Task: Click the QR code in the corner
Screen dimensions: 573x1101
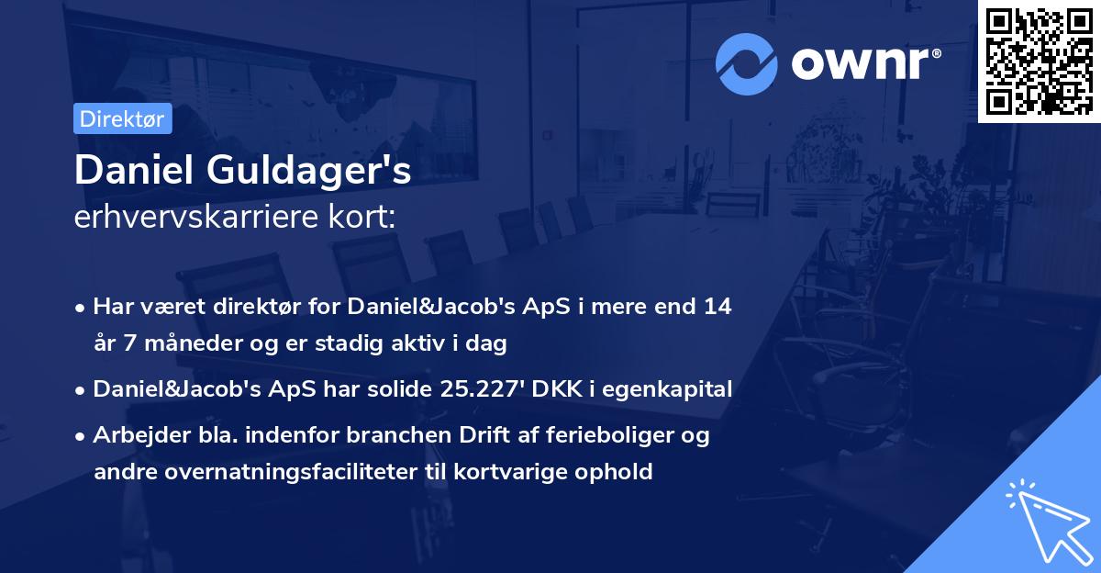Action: tap(1038, 61)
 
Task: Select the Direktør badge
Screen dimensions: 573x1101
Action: tap(122, 118)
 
